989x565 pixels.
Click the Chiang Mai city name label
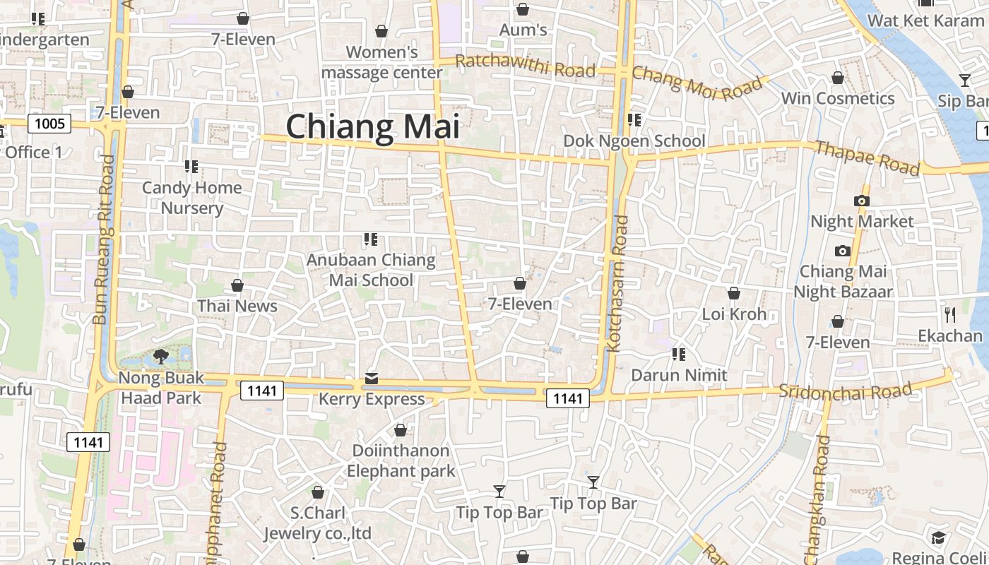pyautogui.click(x=372, y=127)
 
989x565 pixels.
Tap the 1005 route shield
pyautogui.click(x=49, y=124)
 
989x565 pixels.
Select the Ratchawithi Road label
pyautogui.click(x=525, y=66)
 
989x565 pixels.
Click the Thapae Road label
pyautogui.click(x=867, y=157)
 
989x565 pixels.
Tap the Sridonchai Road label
pyautogui.click(x=845, y=391)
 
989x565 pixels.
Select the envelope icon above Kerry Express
pyautogui.click(x=372, y=379)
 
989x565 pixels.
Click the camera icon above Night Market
pyautogui.click(x=861, y=201)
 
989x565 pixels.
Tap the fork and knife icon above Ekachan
pyautogui.click(x=950, y=314)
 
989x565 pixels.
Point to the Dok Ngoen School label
pyautogui.click(x=634, y=141)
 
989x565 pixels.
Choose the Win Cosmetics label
pyautogui.click(x=838, y=98)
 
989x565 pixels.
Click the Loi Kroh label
pyautogui.click(x=734, y=314)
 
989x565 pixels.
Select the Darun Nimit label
pyautogui.click(x=679, y=375)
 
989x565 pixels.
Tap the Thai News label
pyautogui.click(x=237, y=306)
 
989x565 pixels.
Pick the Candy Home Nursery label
pyautogui.click(x=192, y=198)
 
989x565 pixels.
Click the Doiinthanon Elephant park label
pyautogui.click(x=401, y=460)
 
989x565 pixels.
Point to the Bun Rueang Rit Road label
pyautogui.click(x=104, y=240)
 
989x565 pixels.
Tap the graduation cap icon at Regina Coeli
pyautogui.click(x=937, y=538)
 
